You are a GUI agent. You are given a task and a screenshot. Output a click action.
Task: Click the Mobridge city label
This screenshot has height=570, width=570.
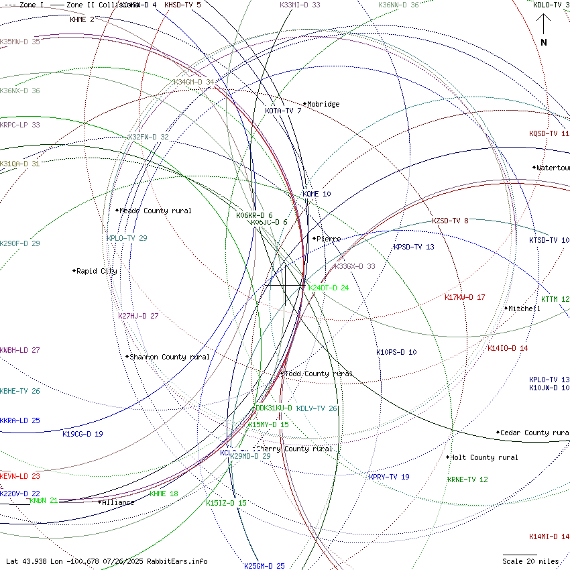[324, 105]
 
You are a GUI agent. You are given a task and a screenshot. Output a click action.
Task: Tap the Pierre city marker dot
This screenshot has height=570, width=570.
[314, 238]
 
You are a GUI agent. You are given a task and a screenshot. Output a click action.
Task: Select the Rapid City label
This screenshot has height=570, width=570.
[97, 272]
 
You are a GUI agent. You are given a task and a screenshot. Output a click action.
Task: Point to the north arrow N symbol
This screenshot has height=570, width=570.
[544, 42]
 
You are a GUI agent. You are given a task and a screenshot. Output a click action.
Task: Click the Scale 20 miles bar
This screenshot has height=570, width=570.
[520, 555]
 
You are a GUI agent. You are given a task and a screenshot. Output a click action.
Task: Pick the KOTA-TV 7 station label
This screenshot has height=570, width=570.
[283, 111]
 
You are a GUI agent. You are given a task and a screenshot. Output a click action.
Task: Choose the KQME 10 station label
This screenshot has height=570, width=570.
[317, 194]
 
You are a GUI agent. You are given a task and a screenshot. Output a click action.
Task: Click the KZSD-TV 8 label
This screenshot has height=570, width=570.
[450, 221]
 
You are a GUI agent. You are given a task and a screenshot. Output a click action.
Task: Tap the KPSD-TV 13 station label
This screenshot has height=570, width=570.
[414, 247]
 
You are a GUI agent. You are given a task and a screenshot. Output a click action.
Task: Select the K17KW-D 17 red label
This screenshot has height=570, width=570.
[465, 297]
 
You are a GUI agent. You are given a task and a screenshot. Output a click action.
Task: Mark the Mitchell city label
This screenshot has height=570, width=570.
[525, 309]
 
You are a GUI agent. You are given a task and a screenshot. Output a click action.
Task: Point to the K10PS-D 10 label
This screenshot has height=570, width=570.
[396, 352]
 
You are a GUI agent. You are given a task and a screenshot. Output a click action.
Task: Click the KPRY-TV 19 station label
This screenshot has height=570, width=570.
[389, 477]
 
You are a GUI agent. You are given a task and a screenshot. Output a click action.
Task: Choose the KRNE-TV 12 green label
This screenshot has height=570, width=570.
[467, 480]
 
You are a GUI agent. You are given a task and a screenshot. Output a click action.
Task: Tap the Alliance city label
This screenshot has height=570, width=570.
[118, 502]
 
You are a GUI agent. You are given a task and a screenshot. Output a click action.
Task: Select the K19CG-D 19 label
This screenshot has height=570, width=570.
[82, 434]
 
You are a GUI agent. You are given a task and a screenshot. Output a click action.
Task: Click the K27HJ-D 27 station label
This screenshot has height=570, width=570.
[138, 316]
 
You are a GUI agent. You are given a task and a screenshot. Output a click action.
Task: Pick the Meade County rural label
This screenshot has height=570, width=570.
[155, 211]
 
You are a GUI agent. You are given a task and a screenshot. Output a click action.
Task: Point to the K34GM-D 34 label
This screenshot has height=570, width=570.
[194, 82]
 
